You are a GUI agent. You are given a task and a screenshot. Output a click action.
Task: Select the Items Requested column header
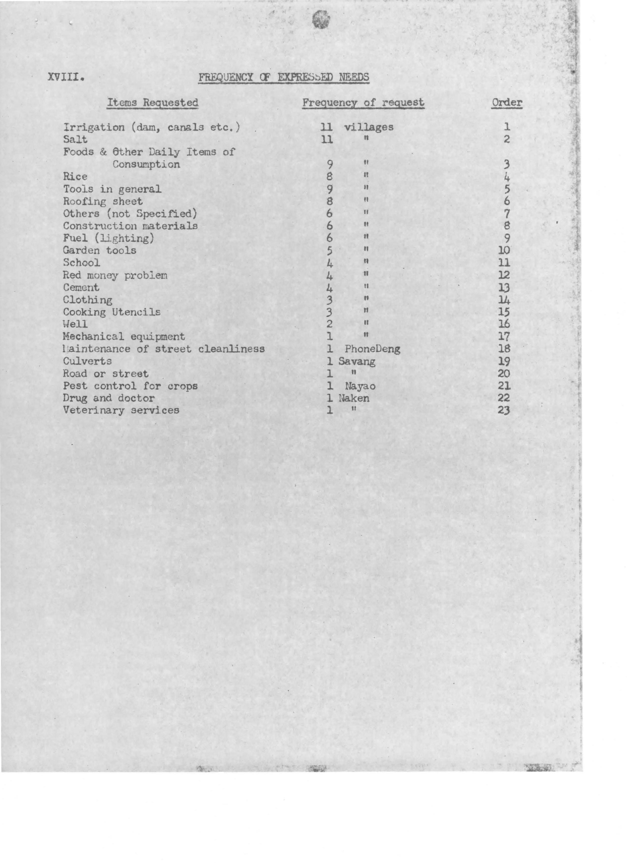152,103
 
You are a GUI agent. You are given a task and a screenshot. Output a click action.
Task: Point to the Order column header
506,103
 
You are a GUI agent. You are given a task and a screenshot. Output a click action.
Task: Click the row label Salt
75,140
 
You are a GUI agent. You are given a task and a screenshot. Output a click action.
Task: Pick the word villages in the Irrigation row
368,127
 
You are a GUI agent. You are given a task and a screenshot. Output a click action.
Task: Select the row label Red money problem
115,275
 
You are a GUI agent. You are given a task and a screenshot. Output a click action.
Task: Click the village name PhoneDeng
372,349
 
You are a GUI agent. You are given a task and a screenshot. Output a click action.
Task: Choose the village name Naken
354,398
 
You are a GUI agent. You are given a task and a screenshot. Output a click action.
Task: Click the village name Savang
357,362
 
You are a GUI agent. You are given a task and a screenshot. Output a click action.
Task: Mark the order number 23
504,410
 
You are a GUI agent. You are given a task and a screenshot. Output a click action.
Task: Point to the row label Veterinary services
121,410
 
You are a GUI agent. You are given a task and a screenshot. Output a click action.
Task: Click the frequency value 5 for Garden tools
329,251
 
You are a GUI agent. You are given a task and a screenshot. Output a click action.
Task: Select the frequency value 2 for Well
329,324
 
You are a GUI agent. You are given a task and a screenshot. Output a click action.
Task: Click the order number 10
504,251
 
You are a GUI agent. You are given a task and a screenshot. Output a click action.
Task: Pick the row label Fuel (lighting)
108,239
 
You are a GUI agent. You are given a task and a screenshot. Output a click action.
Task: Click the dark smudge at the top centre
321,20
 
